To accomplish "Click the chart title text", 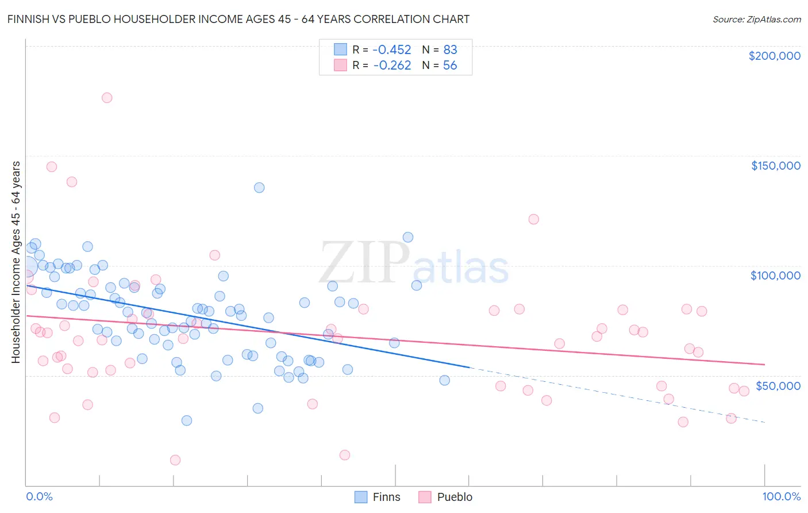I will click(238, 19).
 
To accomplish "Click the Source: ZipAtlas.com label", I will click(756, 19).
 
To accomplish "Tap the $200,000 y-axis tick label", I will click(774, 56).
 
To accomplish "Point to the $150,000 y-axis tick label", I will click(775, 166).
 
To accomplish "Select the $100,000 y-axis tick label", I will click(775, 275).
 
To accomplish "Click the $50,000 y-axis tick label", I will click(778, 385).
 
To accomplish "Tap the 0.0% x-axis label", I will click(39, 496).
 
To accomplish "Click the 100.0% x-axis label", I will click(781, 496).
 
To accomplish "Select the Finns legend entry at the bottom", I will click(378, 497).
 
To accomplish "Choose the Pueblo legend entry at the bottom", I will click(445, 497).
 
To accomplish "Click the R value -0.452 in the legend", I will click(392, 49).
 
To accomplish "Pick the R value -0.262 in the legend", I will click(392, 65).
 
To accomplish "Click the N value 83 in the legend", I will click(450, 49).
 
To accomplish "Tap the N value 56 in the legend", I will click(450, 65).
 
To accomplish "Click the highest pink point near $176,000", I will click(107, 98).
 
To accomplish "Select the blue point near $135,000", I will click(259, 187).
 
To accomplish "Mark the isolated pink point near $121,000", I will click(533, 219).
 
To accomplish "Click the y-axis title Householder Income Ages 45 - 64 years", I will click(16, 262).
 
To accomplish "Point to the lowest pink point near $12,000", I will click(175, 460).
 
